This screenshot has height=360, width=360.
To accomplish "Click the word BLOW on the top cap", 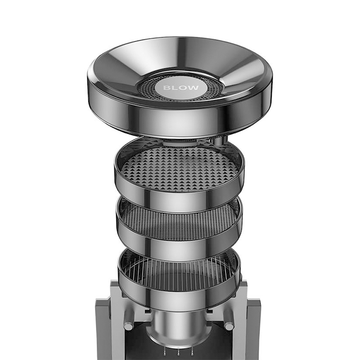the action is (x=181, y=88).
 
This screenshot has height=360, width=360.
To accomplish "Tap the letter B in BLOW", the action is (x=166, y=88).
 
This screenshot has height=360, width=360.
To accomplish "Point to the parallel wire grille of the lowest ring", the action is (x=179, y=273).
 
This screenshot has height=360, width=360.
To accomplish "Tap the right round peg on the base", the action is (x=229, y=326).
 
